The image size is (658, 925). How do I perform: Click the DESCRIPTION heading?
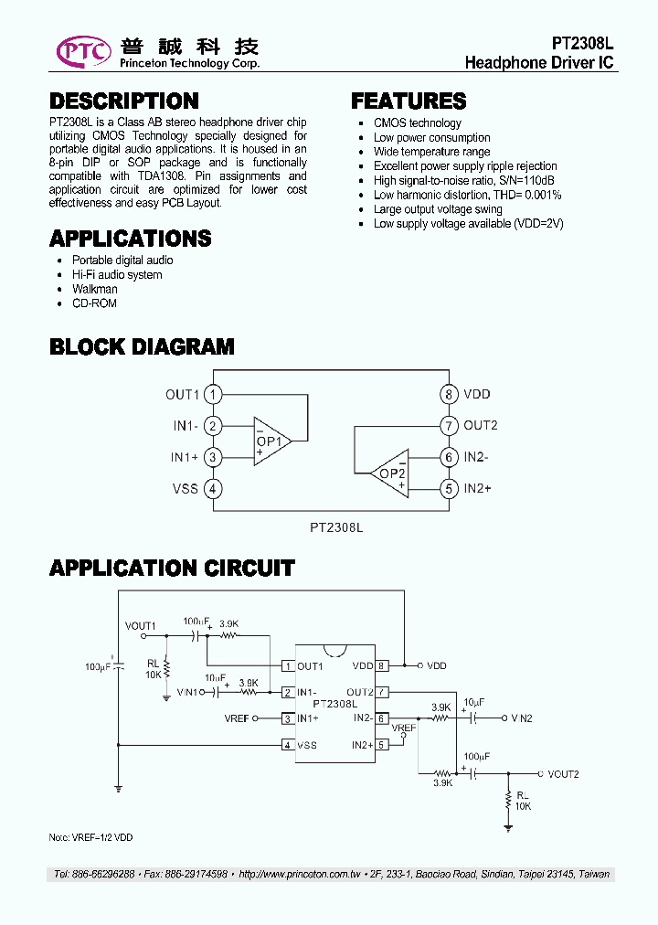(x=123, y=101)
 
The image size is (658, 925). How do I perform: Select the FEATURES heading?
(x=409, y=101)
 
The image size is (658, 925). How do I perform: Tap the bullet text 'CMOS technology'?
(x=417, y=123)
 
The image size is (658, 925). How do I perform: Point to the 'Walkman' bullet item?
(x=95, y=289)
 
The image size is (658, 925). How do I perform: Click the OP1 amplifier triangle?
(x=271, y=441)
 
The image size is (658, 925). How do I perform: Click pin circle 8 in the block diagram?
(x=448, y=395)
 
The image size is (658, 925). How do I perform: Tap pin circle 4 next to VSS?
(x=212, y=489)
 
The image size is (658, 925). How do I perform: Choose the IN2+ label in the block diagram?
(x=478, y=489)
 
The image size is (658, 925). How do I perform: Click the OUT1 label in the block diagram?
(x=182, y=395)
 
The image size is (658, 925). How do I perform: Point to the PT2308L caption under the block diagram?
(x=336, y=527)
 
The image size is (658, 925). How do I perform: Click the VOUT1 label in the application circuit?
(x=141, y=625)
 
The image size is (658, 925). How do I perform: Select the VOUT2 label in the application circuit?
(x=563, y=774)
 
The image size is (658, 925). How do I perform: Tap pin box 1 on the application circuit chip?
(x=287, y=666)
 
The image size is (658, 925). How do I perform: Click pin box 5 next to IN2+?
(x=381, y=745)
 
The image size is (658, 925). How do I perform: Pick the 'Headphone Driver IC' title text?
(x=539, y=63)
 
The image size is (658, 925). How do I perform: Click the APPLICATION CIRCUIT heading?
(x=172, y=569)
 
